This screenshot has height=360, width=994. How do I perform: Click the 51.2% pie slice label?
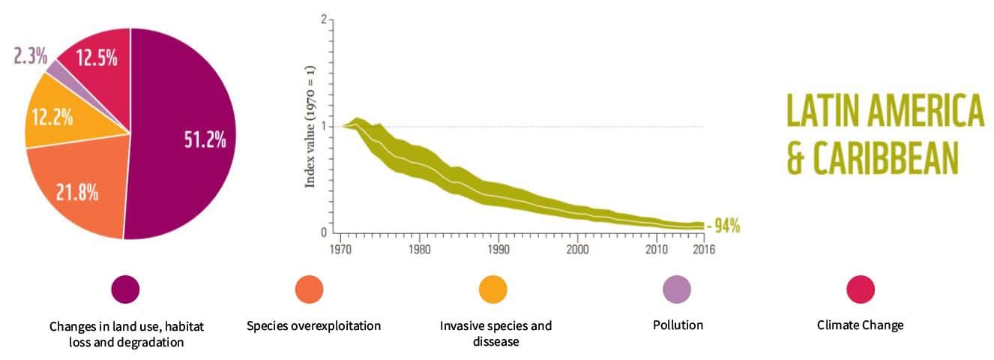(x=205, y=140)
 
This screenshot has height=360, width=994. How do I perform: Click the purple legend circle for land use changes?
(x=125, y=289)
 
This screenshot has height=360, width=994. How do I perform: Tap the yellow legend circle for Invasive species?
(x=493, y=289)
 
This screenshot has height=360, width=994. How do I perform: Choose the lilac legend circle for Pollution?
(x=677, y=289)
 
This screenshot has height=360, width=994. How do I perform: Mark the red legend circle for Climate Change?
(x=861, y=289)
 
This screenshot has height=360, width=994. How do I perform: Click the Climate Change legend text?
(x=860, y=325)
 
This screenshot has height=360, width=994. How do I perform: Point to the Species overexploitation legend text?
(x=313, y=326)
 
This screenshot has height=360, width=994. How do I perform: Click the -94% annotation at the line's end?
(x=725, y=226)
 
